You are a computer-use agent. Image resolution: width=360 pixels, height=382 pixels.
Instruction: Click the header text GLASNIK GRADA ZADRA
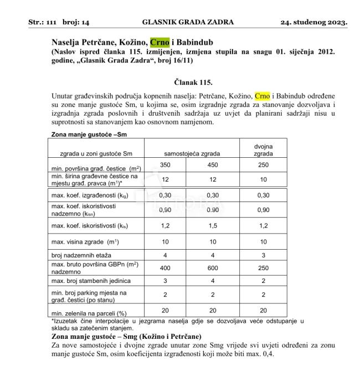(x=188, y=23)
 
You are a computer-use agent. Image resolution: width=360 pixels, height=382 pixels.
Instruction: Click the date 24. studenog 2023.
(x=314, y=23)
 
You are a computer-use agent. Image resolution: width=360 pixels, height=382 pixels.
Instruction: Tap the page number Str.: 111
(x=44, y=23)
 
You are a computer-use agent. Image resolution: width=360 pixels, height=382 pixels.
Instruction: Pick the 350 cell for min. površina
(x=165, y=166)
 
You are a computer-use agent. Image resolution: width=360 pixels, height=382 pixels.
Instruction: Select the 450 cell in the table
(x=213, y=166)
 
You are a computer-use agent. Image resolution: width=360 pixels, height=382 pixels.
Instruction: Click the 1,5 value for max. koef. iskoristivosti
(x=213, y=226)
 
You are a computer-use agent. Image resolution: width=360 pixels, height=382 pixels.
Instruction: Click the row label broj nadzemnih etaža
(x=81, y=255)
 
